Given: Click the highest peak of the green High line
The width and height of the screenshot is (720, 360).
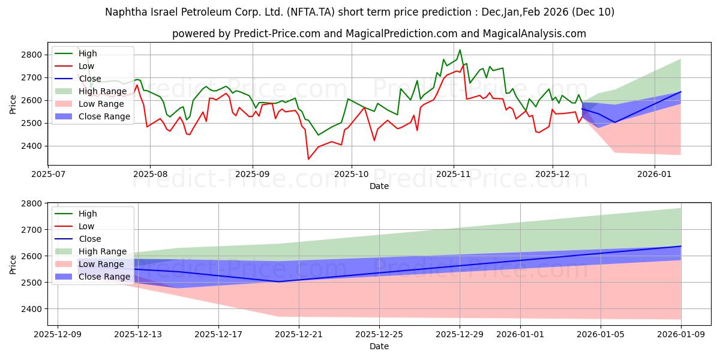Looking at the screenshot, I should pos(460,50).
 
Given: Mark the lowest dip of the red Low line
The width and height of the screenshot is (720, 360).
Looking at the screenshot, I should pos(308,159).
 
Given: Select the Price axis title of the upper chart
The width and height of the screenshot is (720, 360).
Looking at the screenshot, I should pos(13,104).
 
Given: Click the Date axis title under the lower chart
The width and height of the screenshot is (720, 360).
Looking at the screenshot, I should pos(379,346).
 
